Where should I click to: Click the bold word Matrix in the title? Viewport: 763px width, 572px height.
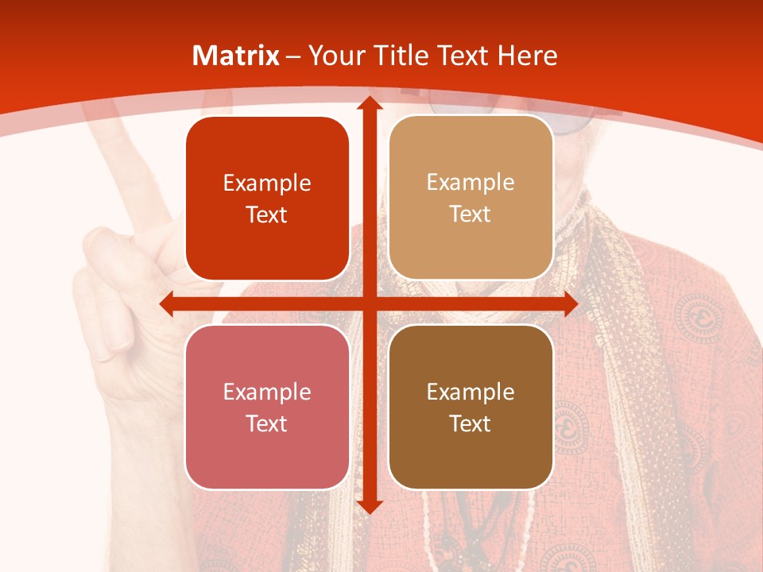[x=236, y=56]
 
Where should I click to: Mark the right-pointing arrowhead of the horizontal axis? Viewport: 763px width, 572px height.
[x=569, y=304]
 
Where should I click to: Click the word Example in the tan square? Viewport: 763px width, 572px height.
[x=471, y=183]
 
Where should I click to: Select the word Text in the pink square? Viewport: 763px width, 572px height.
[x=267, y=423]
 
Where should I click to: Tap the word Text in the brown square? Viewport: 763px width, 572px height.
[x=471, y=423]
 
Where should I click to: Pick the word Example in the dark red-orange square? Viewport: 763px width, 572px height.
[x=267, y=184]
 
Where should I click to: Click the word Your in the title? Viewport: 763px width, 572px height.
[x=335, y=56]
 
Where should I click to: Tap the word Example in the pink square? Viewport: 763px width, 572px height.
[x=267, y=392]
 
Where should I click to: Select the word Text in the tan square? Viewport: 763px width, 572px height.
[x=471, y=214]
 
